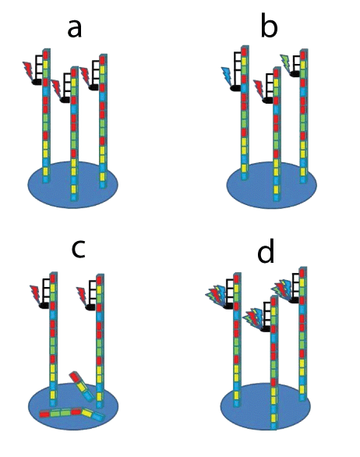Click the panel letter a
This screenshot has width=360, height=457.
(x=74, y=29)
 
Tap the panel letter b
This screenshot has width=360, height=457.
(x=269, y=26)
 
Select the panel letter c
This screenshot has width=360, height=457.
(x=79, y=249)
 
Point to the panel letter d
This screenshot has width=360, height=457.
(x=266, y=250)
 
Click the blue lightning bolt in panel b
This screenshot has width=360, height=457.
(x=227, y=76)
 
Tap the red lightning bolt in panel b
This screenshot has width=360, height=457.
(x=259, y=89)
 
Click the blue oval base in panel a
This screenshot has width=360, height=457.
(x=72, y=184)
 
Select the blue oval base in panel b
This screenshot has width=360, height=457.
(x=271, y=186)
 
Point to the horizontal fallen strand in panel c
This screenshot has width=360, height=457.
(x=72, y=414)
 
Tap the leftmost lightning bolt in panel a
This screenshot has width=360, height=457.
(x=29, y=71)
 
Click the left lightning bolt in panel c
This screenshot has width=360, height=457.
(x=36, y=295)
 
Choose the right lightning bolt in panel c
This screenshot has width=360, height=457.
(x=83, y=296)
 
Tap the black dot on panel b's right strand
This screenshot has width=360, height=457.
(x=295, y=74)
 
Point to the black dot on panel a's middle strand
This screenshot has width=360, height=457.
(x=65, y=100)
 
